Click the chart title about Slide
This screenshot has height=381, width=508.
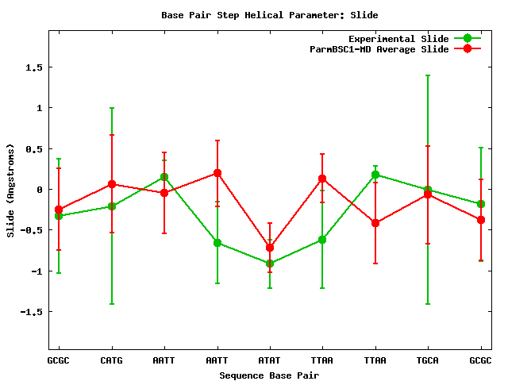point(269,15)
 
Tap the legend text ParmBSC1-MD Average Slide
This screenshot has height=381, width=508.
point(379,49)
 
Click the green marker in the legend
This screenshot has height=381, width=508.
point(468,39)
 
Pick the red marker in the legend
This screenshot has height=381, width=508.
point(468,49)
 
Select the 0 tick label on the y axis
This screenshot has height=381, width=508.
point(38,190)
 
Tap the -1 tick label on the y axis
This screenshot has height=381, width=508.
point(35,271)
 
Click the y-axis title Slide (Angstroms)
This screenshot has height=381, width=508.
point(10,190)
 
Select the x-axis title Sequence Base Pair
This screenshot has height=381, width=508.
point(269,374)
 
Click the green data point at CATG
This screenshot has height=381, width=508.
point(112,206)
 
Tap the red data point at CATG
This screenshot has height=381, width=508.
point(112,184)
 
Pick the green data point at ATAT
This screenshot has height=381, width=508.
point(270,264)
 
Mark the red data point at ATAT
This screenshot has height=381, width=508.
point(270,248)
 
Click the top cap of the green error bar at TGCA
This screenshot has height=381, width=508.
point(428,75)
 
